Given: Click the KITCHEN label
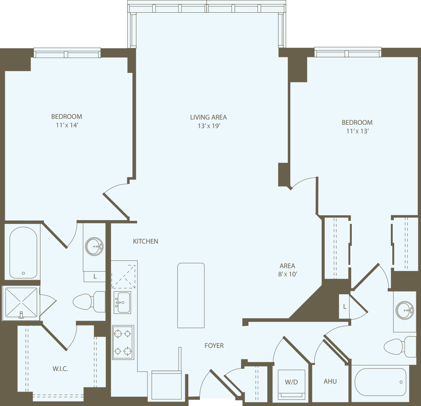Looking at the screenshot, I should pos(146,241).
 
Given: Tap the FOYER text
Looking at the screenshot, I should pos(214,346).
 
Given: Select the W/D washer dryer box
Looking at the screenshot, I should pos(291,383).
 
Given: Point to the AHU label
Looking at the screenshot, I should pos(330,381).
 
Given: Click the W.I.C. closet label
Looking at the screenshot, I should pos(60,369).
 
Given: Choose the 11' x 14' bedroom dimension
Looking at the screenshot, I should pos(67,125).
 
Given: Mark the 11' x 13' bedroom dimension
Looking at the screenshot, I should pos(357,131).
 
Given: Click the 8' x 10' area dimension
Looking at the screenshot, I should pos(287,275).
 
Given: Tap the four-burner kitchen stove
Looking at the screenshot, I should pos(123,342).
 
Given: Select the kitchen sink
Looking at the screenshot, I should pos(122,302).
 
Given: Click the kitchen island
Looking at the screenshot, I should pos(191,295).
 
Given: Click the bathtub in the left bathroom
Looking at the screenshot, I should pos(23,253).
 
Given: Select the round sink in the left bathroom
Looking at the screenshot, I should pos(95,246).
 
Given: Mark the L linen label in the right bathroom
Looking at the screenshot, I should pos(345,307).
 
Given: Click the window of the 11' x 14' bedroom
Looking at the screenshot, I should pos(67,54).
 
